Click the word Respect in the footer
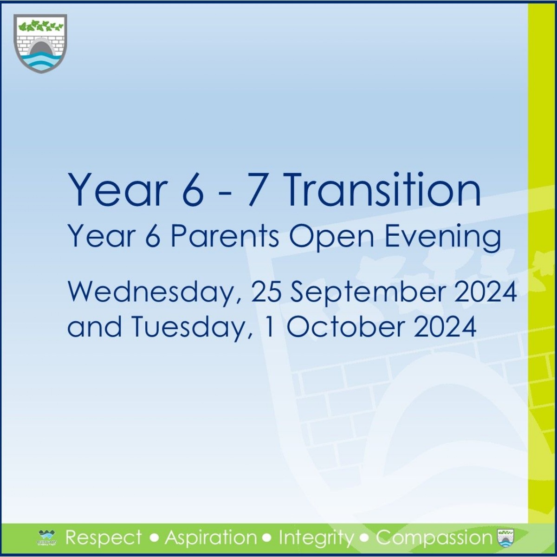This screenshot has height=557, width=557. (104, 538)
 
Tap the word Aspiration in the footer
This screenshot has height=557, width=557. (211, 538)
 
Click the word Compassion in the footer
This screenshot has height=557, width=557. (434, 538)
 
